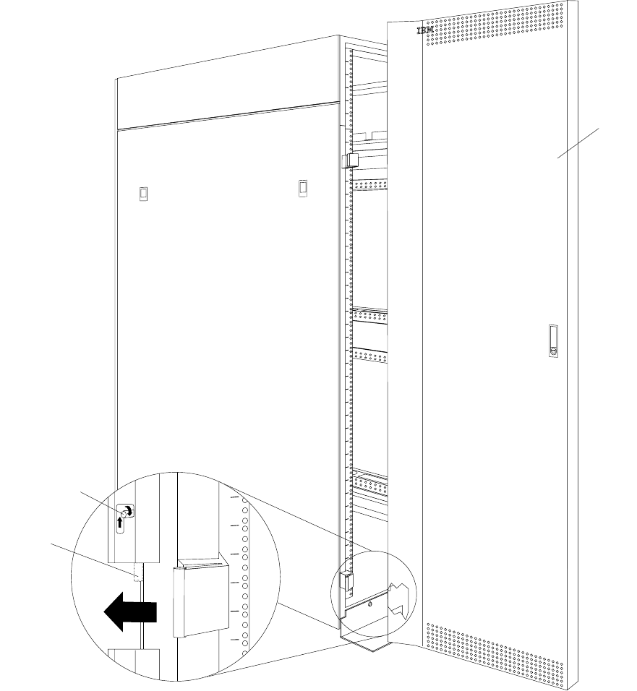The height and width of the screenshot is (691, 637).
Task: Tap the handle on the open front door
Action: click(x=554, y=342)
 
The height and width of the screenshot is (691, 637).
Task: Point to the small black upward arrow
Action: click(x=121, y=522)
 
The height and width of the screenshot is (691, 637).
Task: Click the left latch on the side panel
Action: click(x=143, y=193)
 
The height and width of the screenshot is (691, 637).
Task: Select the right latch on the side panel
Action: click(x=302, y=188)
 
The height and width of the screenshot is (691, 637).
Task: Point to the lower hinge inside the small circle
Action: click(x=346, y=580)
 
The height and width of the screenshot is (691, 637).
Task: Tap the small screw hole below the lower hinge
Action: click(x=369, y=602)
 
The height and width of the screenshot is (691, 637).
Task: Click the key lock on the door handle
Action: click(x=555, y=352)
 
